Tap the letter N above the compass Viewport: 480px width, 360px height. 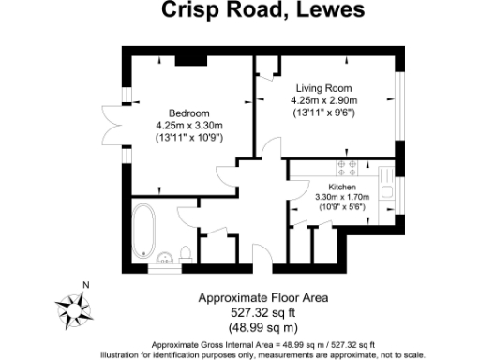tap(85, 285)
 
